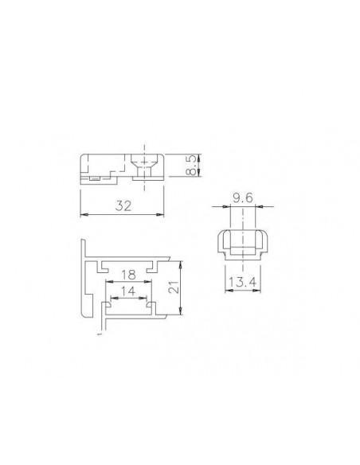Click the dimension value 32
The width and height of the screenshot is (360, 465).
[x=123, y=205]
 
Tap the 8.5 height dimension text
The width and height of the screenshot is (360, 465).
[x=192, y=165]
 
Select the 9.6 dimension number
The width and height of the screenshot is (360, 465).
[x=243, y=197]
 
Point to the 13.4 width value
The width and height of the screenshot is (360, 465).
[x=242, y=282]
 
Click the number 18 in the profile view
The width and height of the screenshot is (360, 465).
[x=128, y=275]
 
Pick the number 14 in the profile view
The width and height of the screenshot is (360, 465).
[x=128, y=291]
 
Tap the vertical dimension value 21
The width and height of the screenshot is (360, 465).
[x=174, y=287]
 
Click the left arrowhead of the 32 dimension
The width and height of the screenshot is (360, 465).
[x=84, y=214]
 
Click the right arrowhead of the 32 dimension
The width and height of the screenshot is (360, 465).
[x=160, y=214]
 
